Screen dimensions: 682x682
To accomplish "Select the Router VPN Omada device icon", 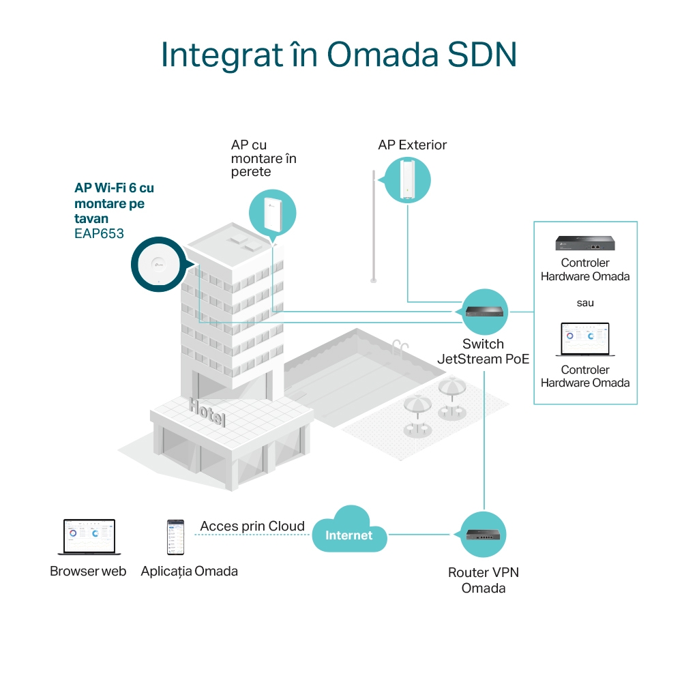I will click(x=484, y=533).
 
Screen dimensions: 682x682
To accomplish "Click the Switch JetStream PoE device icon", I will click(x=485, y=312).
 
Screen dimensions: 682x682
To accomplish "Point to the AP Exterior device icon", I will click(x=407, y=179).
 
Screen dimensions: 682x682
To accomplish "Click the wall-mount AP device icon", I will click(x=272, y=211).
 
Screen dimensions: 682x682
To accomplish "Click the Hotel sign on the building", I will click(x=207, y=412).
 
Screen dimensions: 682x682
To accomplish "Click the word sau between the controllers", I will click(x=585, y=302).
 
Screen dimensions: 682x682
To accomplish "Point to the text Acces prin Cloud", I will click(x=252, y=527).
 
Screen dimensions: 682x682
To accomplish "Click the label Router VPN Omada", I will click(x=483, y=580).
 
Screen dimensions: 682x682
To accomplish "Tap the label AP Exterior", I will click(x=412, y=145).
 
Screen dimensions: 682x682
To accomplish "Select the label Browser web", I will click(x=88, y=572).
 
